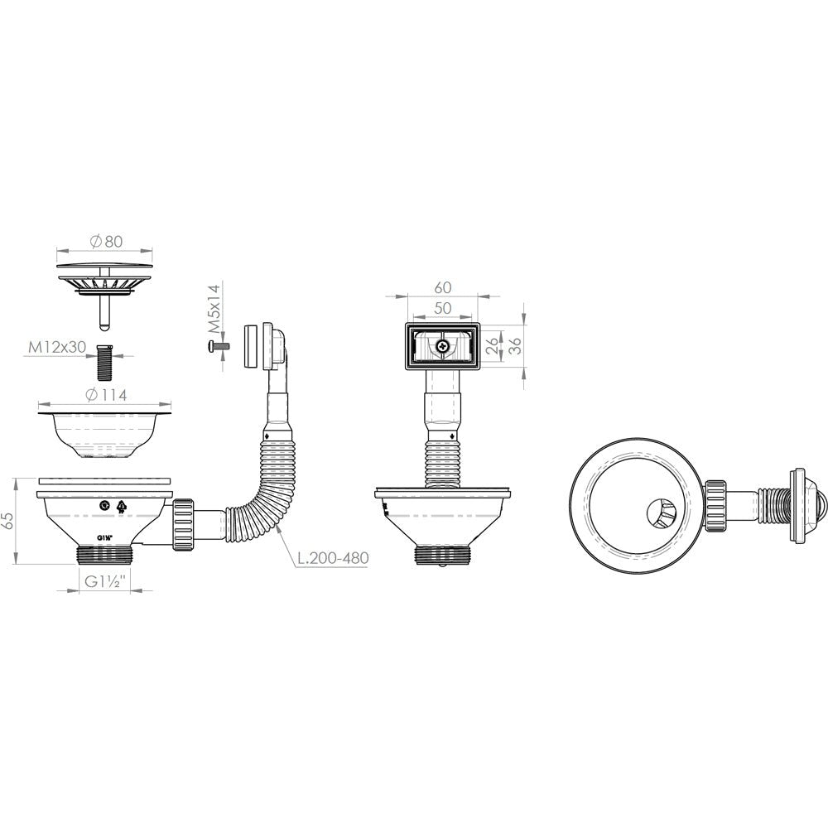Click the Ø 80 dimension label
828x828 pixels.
tap(106, 242)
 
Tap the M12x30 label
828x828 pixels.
tap(57, 347)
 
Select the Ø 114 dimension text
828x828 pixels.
tap(106, 394)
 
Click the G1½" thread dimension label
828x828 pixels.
tap(104, 582)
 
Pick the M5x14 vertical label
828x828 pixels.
tap(213, 310)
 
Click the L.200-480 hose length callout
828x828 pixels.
tap(332, 557)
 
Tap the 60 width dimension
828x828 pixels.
tap(442, 287)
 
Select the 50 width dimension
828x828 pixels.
tap(442, 308)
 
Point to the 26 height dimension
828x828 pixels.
tap(492, 346)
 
